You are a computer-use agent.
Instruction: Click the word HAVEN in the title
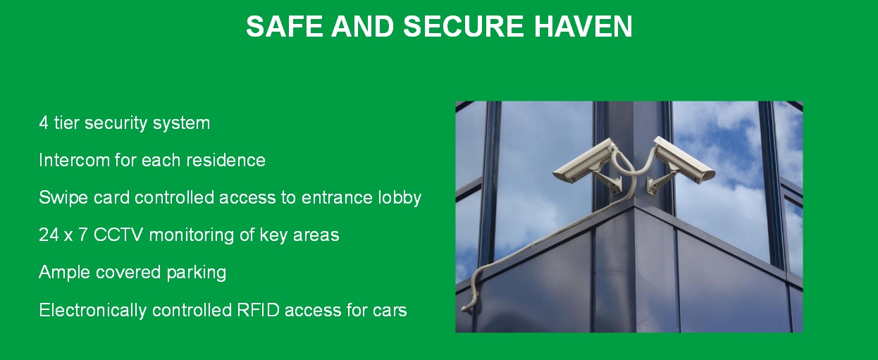click(583, 26)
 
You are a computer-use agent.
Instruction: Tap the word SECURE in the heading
click(463, 26)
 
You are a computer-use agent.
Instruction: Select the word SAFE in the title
click(284, 26)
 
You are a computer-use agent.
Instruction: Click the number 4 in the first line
click(44, 123)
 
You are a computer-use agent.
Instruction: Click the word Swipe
click(64, 198)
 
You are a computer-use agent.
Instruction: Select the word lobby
click(400, 198)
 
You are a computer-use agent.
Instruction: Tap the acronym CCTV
click(118, 235)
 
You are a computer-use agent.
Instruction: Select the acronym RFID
click(259, 310)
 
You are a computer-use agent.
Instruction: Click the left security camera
click(584, 161)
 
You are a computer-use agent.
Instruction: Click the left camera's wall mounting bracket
click(610, 182)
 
